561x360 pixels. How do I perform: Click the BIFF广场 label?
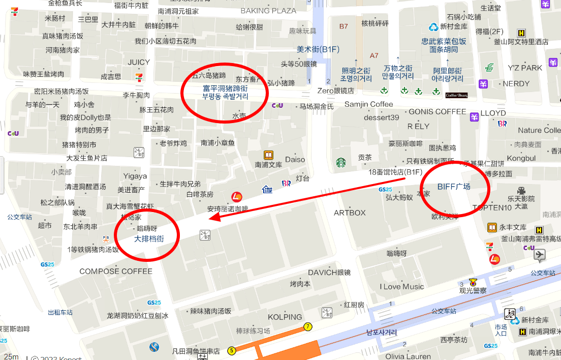click(454, 187)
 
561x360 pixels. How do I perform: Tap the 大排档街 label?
click(149, 238)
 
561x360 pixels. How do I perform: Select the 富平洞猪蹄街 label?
click(226, 88)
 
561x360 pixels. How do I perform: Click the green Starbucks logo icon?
click(340, 163)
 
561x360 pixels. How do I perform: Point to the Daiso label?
click(295, 160)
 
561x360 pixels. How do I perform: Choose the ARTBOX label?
click(350, 213)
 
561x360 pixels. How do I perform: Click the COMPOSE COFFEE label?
click(116, 271)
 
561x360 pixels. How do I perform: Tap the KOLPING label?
click(285, 317)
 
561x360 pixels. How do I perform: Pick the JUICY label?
click(139, 62)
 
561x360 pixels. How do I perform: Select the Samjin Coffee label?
click(369, 104)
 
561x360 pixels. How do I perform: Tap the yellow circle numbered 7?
click(307, 326)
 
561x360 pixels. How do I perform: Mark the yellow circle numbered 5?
click(232, 350)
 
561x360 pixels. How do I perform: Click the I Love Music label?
click(401, 287)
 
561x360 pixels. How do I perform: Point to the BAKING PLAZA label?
click(268, 11)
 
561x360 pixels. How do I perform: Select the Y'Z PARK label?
click(525, 68)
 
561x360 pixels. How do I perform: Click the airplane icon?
click(539, 255)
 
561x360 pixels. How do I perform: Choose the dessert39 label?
click(382, 117)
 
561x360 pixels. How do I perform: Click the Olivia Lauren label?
click(409, 356)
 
